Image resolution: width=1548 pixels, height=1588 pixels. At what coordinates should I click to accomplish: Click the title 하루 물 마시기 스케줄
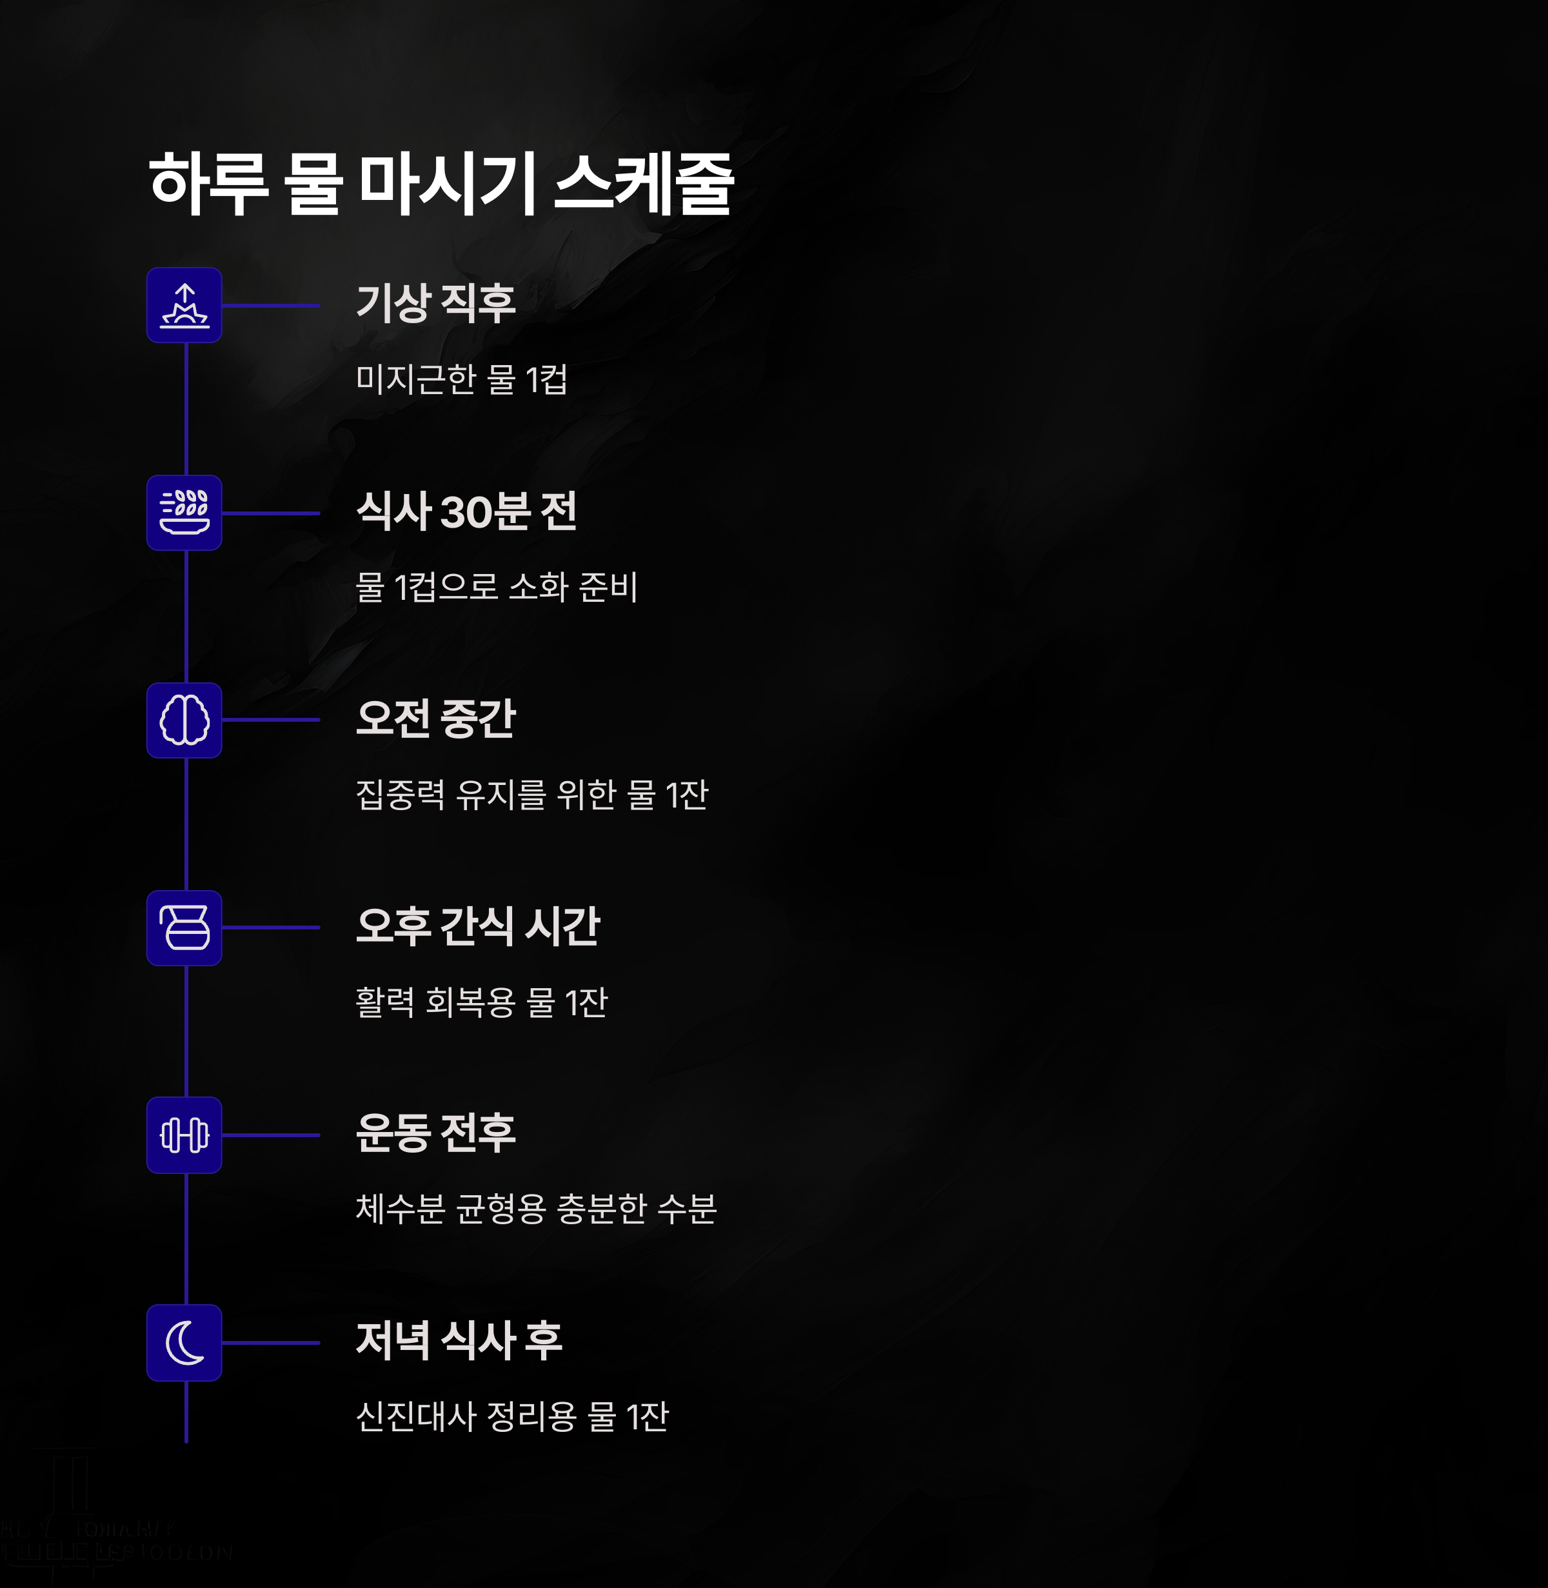[441, 184]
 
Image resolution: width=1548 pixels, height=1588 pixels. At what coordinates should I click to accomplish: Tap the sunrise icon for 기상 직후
[184, 306]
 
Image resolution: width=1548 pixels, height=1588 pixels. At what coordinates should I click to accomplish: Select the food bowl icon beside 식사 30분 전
[184, 513]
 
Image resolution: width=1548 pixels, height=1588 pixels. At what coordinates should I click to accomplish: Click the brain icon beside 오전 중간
[184, 720]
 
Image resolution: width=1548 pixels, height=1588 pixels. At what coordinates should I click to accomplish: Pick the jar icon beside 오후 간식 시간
[184, 928]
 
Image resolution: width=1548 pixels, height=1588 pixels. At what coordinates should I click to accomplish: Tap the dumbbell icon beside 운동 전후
[184, 1135]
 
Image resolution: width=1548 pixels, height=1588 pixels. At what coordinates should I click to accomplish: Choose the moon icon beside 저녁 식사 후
[184, 1342]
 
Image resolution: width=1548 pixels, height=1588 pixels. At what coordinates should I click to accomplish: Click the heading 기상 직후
[436, 303]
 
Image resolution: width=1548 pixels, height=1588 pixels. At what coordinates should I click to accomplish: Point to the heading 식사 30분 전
[467, 511]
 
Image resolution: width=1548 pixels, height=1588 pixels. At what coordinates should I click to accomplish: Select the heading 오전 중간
[436, 719]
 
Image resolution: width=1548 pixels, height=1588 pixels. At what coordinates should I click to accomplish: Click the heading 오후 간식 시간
[478, 926]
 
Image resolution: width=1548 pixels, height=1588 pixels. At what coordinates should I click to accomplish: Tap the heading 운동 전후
[436, 1133]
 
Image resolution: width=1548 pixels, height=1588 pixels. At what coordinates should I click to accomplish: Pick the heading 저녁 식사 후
[459, 1340]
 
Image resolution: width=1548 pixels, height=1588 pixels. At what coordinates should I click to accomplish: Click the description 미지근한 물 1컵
[462, 379]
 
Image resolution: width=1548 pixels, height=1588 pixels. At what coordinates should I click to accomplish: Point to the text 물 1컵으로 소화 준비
[497, 586]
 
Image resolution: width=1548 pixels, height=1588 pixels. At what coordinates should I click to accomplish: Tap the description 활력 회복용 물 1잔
[482, 1002]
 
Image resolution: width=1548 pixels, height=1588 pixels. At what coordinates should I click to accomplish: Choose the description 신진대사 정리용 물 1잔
[512, 1416]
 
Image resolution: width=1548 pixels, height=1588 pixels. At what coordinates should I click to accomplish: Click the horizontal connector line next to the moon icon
[271, 1342]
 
